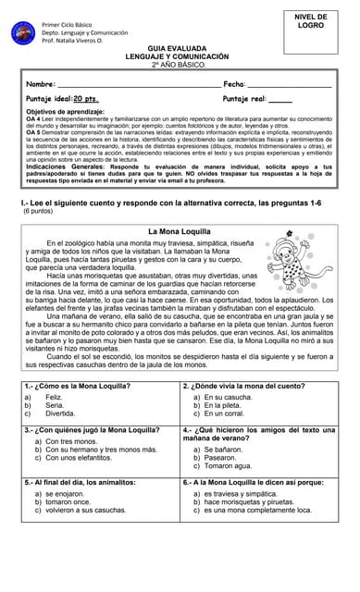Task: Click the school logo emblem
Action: (x=24, y=31)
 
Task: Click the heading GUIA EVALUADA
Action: (x=180, y=51)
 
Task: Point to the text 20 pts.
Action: (x=87, y=97)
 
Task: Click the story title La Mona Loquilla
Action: (x=180, y=230)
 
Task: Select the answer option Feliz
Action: (x=55, y=397)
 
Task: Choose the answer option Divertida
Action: (x=61, y=413)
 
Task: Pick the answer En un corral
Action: (x=227, y=413)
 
